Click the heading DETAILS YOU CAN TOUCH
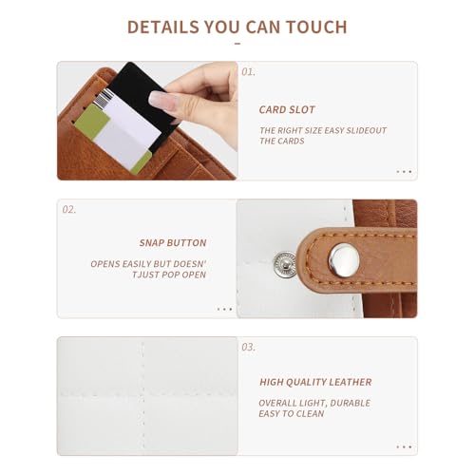[237, 27]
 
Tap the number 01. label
[248, 72]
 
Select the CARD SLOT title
[287, 109]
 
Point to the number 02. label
[68, 209]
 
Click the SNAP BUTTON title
[173, 242]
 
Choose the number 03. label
[248, 347]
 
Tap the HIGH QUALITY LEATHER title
[315, 382]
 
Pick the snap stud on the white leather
[284, 265]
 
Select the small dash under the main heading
[237, 44]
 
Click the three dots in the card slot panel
[404, 172]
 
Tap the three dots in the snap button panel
[224, 309]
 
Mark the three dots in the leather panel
[404, 446]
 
